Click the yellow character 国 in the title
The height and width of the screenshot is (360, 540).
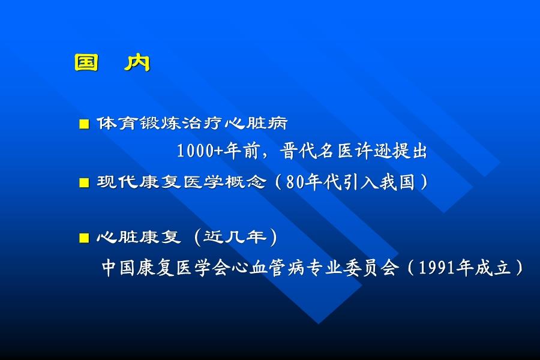86,62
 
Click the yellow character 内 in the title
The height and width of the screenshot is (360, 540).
137,62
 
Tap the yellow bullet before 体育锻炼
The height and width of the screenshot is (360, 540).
84,124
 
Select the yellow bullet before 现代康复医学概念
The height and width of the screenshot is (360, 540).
84,182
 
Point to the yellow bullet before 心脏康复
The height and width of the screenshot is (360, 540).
84,238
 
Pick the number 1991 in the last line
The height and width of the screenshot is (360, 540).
437,268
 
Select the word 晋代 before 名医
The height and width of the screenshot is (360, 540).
298,151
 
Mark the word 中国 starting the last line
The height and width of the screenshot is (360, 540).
118,268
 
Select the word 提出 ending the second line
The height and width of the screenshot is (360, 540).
410,151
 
